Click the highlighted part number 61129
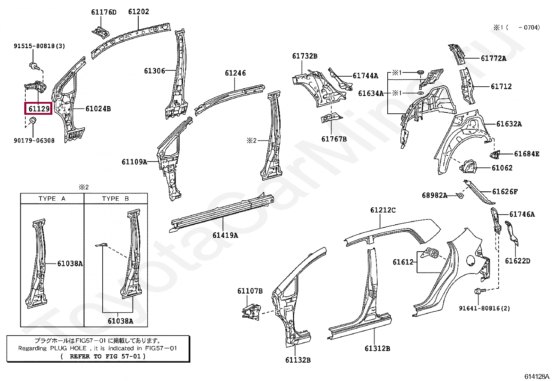pyautogui.click(x=39, y=109)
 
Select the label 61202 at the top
pyautogui.click(x=138, y=12)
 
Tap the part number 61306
pyautogui.click(x=154, y=71)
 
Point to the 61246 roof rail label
pyautogui.click(x=235, y=73)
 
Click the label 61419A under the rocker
pyautogui.click(x=225, y=235)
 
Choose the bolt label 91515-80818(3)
pyautogui.click(x=39, y=46)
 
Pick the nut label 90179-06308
pyautogui.click(x=34, y=141)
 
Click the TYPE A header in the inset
pyautogui.click(x=52, y=199)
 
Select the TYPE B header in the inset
pyautogui.click(x=115, y=199)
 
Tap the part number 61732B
pyautogui.click(x=304, y=56)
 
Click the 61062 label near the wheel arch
pyautogui.click(x=502, y=168)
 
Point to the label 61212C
pyautogui.click(x=382, y=210)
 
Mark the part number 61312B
pyautogui.click(x=377, y=348)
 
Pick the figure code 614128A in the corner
pyautogui.click(x=536, y=376)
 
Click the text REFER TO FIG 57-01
pyautogui.click(x=107, y=356)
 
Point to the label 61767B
pyautogui.click(x=334, y=139)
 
